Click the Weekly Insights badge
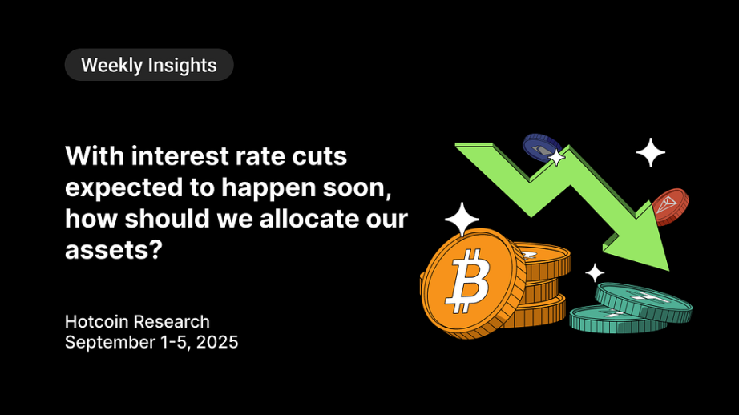click(149, 65)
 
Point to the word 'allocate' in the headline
click(306, 219)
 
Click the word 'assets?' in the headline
click(114, 250)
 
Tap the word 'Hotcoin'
click(97, 322)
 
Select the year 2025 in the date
click(217, 342)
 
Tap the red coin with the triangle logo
click(670, 207)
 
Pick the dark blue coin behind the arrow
click(542, 148)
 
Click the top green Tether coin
click(644, 301)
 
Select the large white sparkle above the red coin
click(650, 153)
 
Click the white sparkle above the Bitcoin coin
click(462, 219)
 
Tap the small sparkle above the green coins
click(595, 272)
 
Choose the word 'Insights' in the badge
click(182, 66)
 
